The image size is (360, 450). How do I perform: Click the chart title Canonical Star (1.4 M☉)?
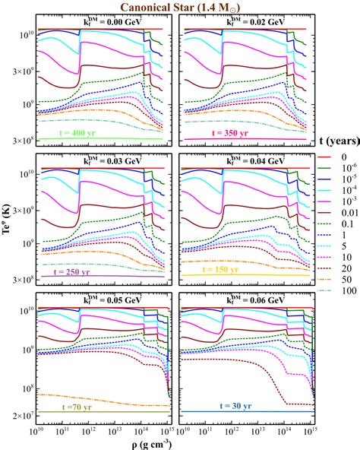pyautogui.click(x=179, y=8)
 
